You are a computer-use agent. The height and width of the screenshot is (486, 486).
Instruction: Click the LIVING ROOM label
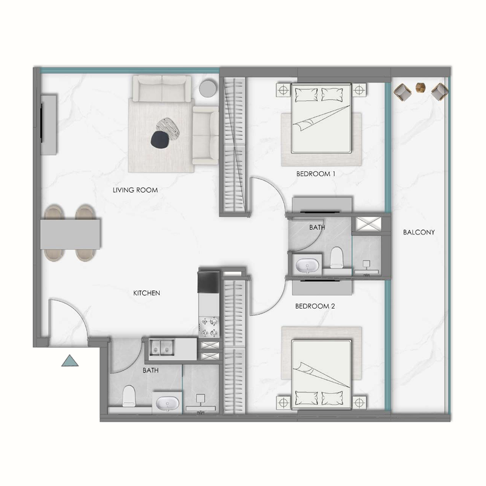coord(135,190)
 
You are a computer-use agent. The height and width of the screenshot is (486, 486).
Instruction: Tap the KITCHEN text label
coord(146,293)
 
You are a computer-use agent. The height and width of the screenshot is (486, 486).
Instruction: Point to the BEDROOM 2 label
coord(315,307)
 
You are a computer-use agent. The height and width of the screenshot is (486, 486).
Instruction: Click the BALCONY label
coord(419,233)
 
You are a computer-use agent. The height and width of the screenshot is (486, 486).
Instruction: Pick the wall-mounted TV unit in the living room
coord(48,125)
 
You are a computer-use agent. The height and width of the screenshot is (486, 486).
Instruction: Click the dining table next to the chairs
coord(70,234)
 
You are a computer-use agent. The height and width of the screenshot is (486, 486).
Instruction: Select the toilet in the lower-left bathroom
coord(129,395)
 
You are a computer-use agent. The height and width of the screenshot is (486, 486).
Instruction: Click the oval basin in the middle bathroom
coord(304,264)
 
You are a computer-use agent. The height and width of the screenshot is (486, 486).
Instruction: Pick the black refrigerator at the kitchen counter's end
coord(207,281)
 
